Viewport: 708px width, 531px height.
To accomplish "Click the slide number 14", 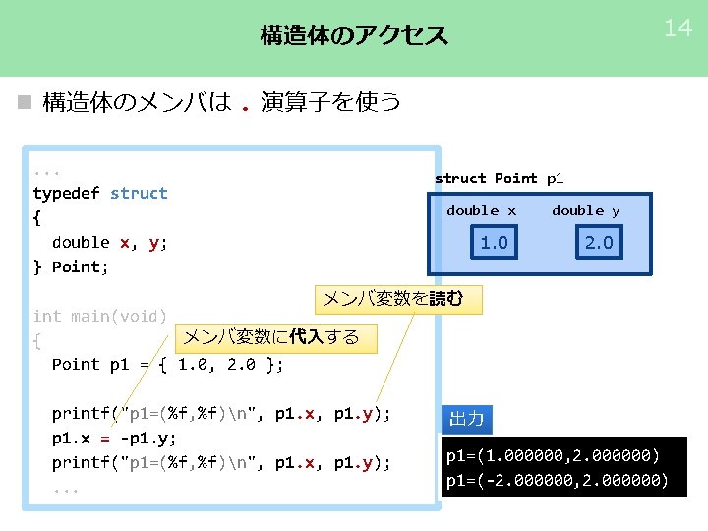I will pos(678,29).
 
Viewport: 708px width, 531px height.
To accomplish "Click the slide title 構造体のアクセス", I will pos(353,36).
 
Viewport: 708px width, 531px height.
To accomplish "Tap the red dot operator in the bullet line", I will pos(245,105).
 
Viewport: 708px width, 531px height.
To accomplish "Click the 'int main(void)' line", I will pos(99,316).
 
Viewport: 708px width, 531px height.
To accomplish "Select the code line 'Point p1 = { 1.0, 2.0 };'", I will pos(167,365).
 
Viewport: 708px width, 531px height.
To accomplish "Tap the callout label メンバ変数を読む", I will pos(398,299).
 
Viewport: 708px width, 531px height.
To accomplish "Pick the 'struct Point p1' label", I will pos(500,178).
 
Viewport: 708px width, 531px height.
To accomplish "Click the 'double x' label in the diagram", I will pos(481,210).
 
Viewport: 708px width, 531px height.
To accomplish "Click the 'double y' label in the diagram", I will pos(585,210).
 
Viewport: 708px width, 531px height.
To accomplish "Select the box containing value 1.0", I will pos(494,242).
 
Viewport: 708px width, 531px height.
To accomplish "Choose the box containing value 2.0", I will pos(598,242).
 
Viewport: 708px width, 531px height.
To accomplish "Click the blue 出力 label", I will pos(466,419).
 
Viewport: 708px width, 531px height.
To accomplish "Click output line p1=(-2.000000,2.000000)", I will pos(557,481).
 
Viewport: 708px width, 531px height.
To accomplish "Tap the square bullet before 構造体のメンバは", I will pos(25,102).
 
